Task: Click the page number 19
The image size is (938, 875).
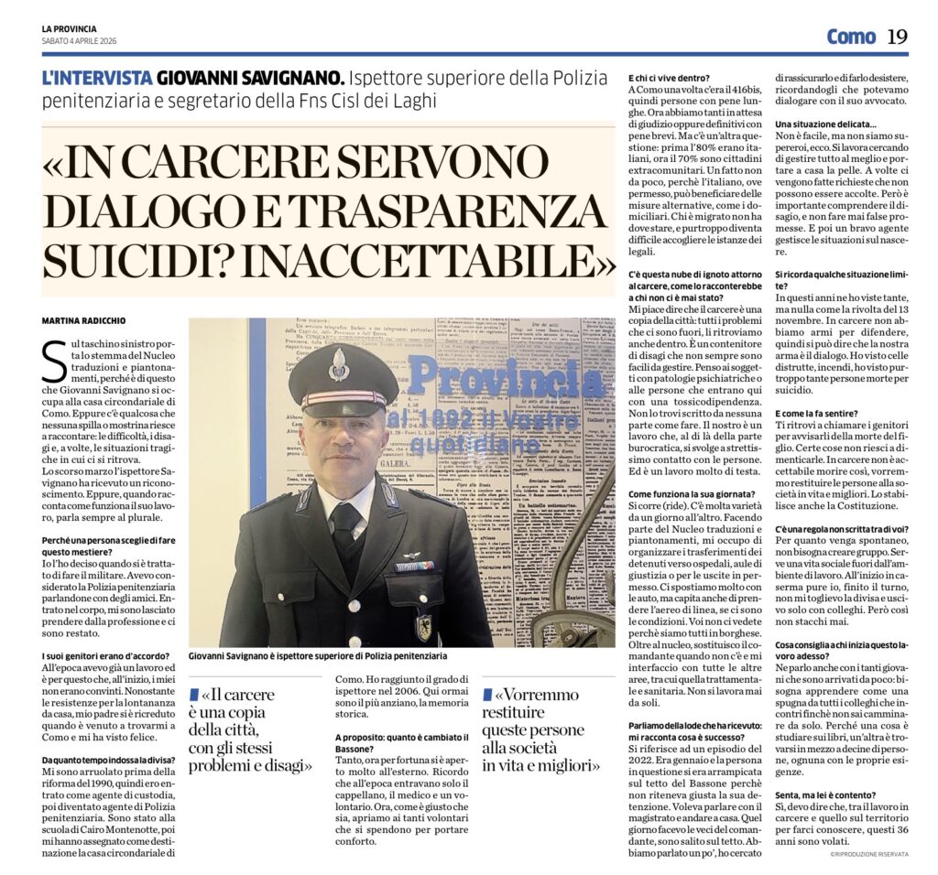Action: point(897,37)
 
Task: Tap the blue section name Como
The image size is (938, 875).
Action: point(851,37)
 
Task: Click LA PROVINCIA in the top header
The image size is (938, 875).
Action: point(69,29)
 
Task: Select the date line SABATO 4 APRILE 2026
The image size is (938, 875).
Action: point(79,40)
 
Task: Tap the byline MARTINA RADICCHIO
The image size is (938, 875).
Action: point(84,321)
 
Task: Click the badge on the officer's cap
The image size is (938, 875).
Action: point(338,363)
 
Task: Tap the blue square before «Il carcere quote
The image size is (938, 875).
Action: point(193,694)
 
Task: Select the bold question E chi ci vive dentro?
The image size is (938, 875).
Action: point(672,78)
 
